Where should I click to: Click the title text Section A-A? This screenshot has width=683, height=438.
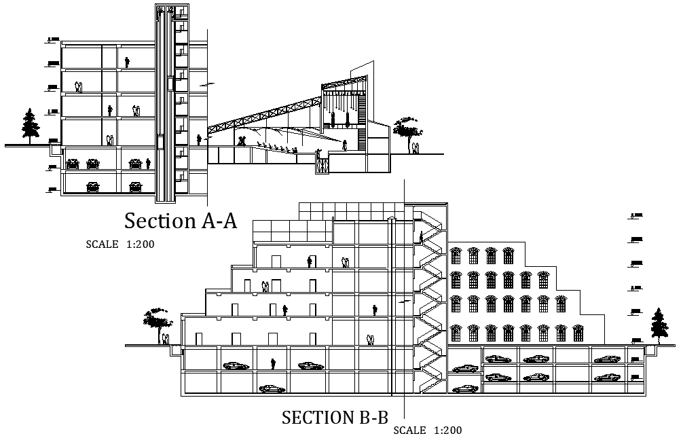tap(181, 221)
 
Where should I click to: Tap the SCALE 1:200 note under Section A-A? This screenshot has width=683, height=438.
tap(120, 244)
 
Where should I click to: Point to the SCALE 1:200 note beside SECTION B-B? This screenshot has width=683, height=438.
tap(428, 431)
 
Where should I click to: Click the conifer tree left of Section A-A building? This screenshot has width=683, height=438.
tap(29, 126)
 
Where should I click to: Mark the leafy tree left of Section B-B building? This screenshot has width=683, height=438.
tap(157, 320)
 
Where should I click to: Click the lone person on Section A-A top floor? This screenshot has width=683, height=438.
tap(127, 62)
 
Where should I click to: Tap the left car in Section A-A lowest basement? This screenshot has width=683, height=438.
tap(92, 186)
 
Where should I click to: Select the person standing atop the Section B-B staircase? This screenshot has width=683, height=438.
tap(422, 237)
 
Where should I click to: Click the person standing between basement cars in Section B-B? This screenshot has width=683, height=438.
tap(273, 364)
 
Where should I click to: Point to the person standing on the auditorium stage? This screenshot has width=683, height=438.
tap(344, 145)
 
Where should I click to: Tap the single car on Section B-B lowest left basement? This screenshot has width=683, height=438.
tap(272, 389)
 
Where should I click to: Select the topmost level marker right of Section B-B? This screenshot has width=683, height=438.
tap(636, 216)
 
